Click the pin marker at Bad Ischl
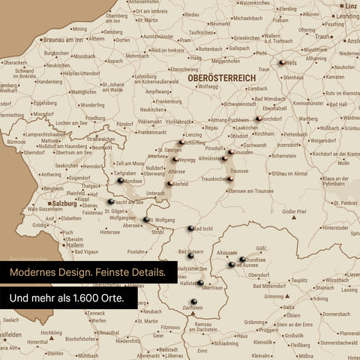point(190,228)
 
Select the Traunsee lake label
point(239,171)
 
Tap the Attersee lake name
point(175,171)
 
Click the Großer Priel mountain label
point(294,213)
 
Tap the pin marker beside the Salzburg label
point(111,202)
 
